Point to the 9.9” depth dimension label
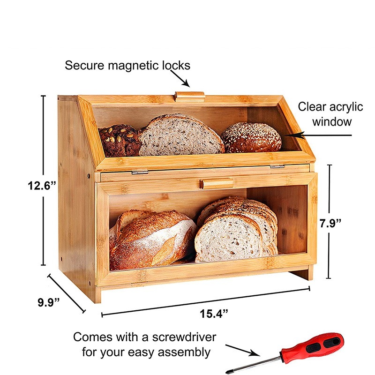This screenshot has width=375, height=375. coord(48,302)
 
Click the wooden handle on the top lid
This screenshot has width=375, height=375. coord(189,96)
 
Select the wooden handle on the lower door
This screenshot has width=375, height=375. coord(216,183)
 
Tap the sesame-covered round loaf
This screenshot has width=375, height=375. coord(251,137)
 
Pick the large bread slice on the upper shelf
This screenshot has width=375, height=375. coord(180,135)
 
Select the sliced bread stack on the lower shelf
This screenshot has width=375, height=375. coord(237,230)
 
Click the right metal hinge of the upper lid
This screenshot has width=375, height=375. coord(277,166)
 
